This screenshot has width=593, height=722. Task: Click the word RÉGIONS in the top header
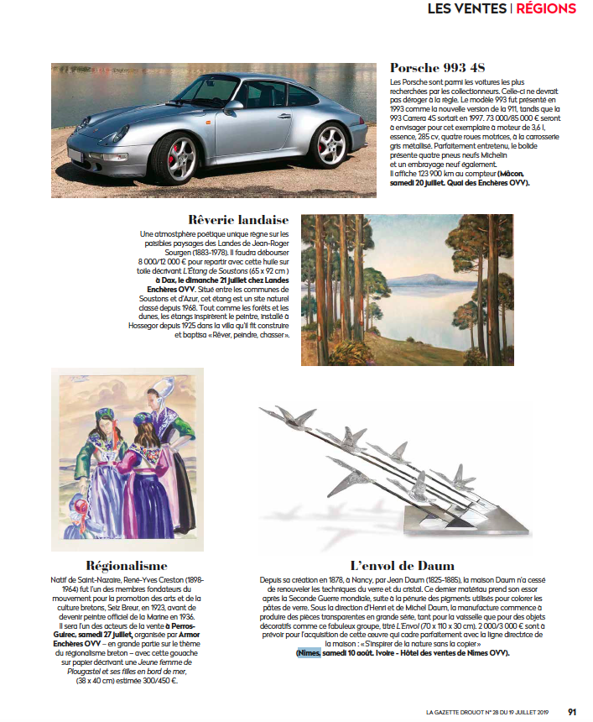pos(546,9)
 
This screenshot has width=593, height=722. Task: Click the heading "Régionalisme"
pos(127,566)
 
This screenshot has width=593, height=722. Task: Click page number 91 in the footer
pos(572,712)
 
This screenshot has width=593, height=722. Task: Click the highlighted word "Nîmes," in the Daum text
pos(307,652)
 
